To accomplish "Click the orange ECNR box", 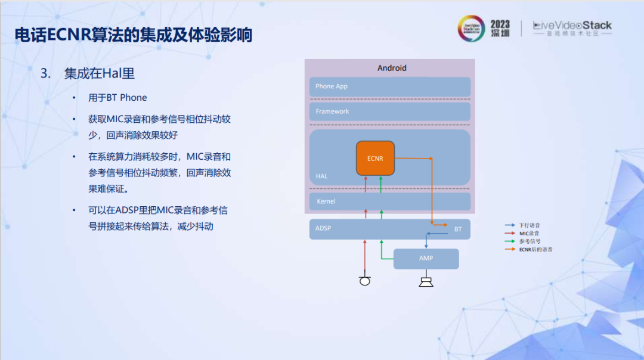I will click(375, 158).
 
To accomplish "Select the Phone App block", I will click(389, 86).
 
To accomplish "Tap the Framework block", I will click(389, 111).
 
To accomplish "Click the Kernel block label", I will click(326, 201).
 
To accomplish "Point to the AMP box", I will click(426, 259).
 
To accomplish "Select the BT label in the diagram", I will click(458, 229).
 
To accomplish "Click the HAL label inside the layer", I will click(321, 176).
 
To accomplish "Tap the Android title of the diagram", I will click(392, 68).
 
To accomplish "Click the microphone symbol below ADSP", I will click(365, 280).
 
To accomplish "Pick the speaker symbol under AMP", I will click(426, 281).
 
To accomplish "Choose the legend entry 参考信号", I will click(529, 241).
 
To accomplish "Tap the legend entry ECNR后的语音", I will click(535, 249).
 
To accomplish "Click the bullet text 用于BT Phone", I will click(117, 98).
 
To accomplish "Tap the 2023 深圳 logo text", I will click(500, 28).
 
